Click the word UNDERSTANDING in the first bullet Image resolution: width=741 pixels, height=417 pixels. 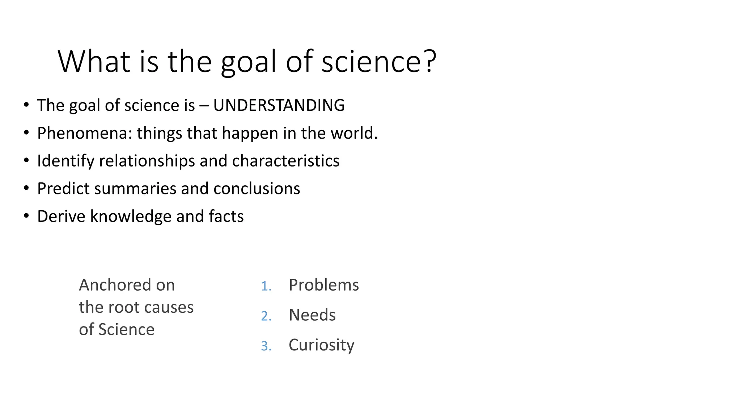(x=279, y=105)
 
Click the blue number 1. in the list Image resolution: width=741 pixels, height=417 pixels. (x=266, y=286)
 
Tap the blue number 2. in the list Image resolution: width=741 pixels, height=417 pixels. (x=266, y=316)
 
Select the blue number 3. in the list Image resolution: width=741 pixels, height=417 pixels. (x=266, y=346)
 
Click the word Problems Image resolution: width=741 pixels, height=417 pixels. (x=323, y=285)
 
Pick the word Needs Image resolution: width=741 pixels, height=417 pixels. (x=312, y=315)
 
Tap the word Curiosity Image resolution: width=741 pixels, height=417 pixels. (x=321, y=345)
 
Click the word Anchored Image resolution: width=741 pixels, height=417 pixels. (x=115, y=285)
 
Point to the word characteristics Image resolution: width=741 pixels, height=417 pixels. (x=285, y=161)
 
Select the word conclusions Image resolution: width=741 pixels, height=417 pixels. (x=257, y=189)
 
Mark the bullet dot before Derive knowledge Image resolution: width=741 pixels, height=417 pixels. (x=26, y=216)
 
